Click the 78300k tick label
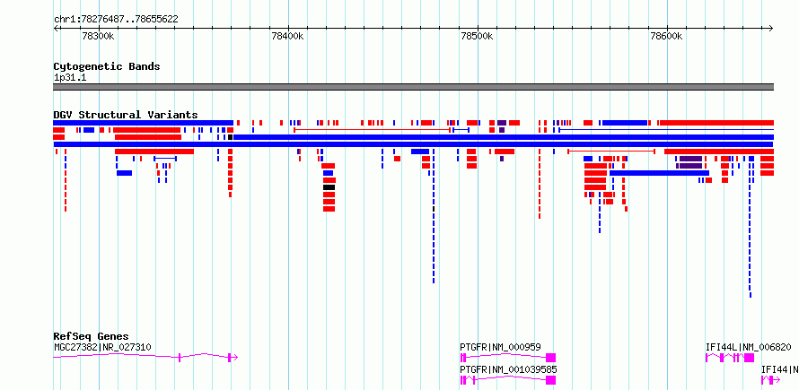coord(98,37)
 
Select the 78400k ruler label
coord(288,37)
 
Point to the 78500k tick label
coord(477,37)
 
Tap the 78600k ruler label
coord(666,37)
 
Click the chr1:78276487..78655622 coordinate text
coord(116,20)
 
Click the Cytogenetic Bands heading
coord(107,66)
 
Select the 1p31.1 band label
coord(70,78)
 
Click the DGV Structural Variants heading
coord(126,115)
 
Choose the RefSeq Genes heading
coord(92,336)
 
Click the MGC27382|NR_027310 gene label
coord(102,347)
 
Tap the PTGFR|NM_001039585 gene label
coord(508,369)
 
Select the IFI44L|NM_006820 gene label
coord(749,347)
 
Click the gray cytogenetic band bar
coord(413,87)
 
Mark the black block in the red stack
coord(329,187)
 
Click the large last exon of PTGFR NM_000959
coord(551,358)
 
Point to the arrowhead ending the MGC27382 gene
coord(235,358)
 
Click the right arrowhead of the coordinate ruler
coord(771,29)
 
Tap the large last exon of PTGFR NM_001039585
coord(551,380)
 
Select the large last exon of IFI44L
coord(749,358)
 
